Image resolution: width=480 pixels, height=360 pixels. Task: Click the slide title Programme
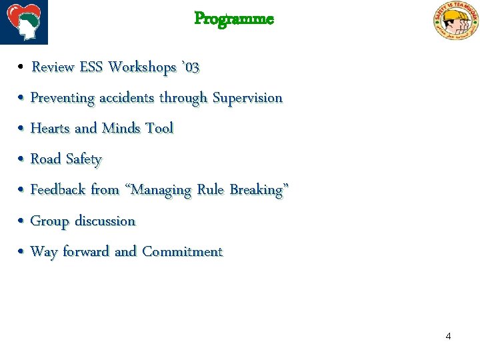pos(234,19)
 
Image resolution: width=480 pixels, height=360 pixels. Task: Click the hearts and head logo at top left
pos(24,21)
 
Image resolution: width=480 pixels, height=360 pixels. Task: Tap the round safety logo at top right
pos(456,21)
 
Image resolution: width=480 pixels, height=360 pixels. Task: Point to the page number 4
pos(448,336)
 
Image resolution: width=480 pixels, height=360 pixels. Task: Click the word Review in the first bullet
pos(53,67)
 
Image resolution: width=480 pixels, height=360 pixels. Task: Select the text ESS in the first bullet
pos(91,67)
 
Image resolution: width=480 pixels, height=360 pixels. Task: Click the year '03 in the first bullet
pos(190,67)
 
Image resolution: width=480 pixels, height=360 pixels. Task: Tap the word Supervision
pos(247,98)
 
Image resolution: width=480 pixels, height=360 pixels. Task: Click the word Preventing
pos(63,98)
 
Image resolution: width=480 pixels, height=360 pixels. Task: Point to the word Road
pos(46,159)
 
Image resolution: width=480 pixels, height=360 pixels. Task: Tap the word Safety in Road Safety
pos(84,160)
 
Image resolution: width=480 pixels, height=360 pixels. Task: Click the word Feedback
pos(58,190)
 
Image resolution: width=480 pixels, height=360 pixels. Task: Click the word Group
pos(49,221)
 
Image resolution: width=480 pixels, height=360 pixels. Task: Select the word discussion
pos(105,221)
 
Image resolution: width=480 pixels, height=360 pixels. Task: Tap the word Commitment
pos(182,252)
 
